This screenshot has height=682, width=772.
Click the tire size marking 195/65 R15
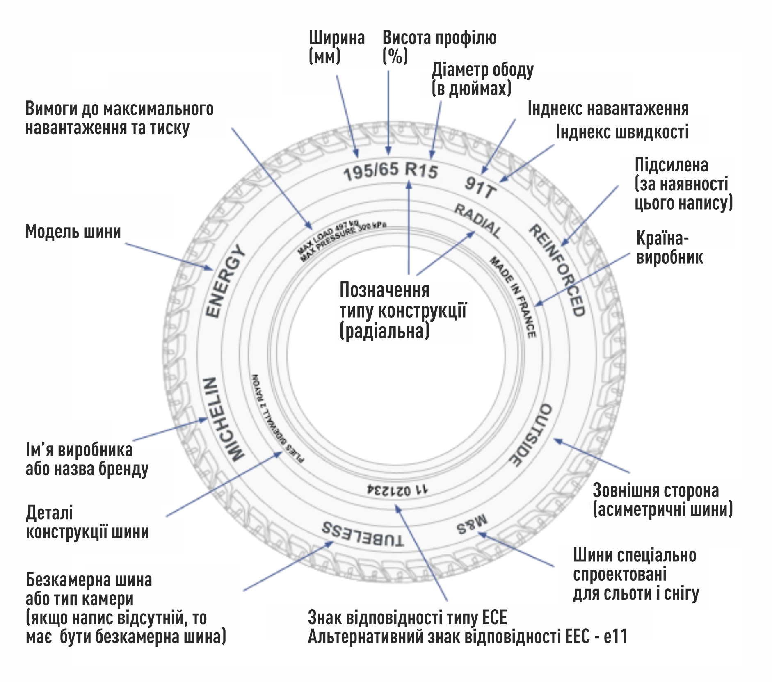[391, 170]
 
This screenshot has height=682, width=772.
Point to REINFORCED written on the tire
[558, 270]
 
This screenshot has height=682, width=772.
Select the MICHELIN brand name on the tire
[222, 419]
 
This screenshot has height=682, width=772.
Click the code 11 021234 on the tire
[397, 489]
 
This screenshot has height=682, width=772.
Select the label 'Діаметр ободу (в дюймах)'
[482, 79]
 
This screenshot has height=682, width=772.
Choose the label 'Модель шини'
[73, 232]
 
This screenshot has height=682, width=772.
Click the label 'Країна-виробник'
[669, 248]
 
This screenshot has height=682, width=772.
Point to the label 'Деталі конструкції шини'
[87, 522]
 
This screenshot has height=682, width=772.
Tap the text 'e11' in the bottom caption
[615, 636]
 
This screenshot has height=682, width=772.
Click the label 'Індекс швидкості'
[621, 132]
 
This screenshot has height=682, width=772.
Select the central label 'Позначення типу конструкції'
[402, 310]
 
